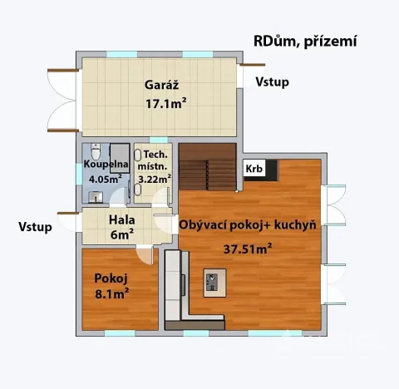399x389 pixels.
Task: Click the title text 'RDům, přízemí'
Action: click(304, 42)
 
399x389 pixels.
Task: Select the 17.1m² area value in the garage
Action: click(166, 104)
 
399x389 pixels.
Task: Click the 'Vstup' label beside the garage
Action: click(273, 81)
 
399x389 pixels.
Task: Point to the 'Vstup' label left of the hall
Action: click(35, 226)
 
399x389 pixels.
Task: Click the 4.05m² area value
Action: click(103, 177)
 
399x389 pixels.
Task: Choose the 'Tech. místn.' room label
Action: click(155, 161)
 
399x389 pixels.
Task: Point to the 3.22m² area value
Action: click(155, 178)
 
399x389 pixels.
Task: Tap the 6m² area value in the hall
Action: click(122, 235)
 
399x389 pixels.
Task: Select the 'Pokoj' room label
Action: click(111, 278)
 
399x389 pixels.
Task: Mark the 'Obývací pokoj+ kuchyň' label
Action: click(248, 225)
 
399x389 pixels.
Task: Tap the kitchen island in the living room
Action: click(215, 282)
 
